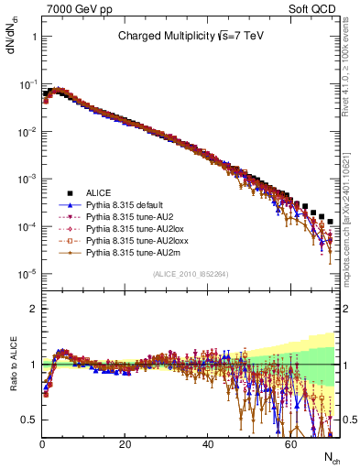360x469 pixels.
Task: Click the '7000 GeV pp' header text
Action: point(72,8)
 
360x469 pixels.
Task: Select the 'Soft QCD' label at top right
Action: point(316,8)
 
